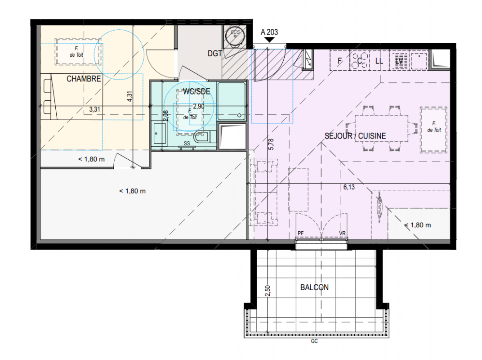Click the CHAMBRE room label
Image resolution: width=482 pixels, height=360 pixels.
pos(84,79)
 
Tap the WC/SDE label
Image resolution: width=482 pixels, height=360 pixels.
pos(196,91)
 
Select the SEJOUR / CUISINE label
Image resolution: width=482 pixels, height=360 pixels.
pos(355,136)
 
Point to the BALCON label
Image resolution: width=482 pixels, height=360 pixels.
pos(314,287)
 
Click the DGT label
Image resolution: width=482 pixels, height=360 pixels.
pos(214,54)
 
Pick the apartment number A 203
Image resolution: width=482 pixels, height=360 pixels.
pos(269,32)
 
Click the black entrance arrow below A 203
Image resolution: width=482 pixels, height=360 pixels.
pos(269,40)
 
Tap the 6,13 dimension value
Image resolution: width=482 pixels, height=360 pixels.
pos(349,187)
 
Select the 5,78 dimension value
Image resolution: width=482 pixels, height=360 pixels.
pos(271,144)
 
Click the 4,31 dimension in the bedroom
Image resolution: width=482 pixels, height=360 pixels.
pos(129,96)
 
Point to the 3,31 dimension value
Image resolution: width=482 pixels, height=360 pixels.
pos(95,109)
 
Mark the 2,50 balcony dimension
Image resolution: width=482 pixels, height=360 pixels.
pos(268,291)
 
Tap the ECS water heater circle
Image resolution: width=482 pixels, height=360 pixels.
pos(235,36)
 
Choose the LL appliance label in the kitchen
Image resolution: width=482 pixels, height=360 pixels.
pos(379,61)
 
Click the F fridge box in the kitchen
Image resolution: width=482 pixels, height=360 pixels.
pos(339,60)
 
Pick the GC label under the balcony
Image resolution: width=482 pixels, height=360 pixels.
pos(314,341)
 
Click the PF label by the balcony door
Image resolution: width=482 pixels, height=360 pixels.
pos(301,233)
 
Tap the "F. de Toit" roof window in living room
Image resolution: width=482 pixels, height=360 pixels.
pos(434,130)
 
